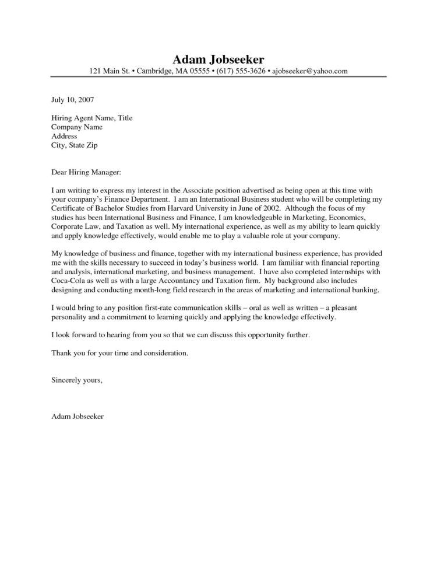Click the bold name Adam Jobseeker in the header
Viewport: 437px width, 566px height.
[218, 60]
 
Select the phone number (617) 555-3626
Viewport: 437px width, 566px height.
[236, 71]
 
